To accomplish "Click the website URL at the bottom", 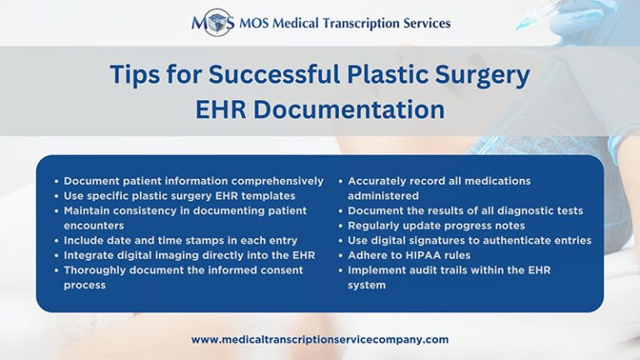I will pos(320,339).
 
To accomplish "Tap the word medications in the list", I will pos(492,181).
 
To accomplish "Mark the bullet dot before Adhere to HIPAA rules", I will pos(341,255).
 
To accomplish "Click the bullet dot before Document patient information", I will pos(56,181).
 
